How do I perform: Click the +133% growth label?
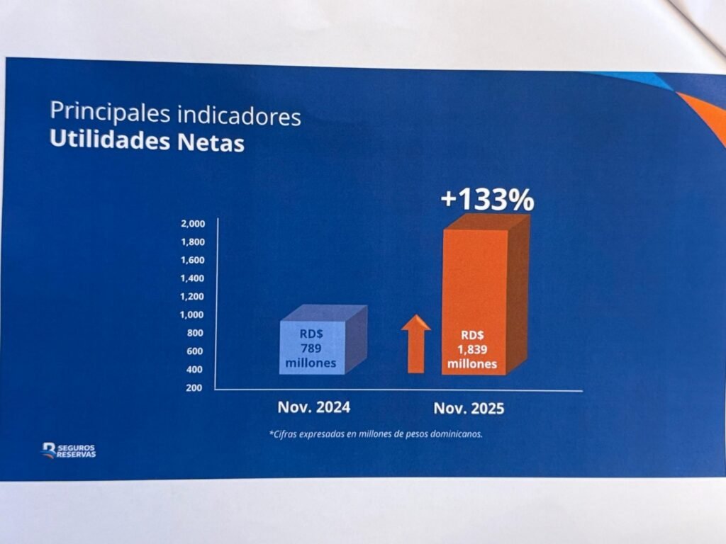tap(486, 200)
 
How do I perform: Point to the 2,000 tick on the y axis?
tap(193, 224)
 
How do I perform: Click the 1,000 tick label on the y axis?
tap(193, 314)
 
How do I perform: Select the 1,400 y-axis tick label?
tap(193, 278)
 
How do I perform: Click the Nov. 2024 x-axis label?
tap(313, 407)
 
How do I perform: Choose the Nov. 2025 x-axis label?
tap(469, 409)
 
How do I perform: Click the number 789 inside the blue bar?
tap(311, 349)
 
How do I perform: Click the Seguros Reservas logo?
tap(68, 450)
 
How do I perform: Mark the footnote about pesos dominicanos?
tap(376, 434)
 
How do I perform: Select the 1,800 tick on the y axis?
tap(193, 242)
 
